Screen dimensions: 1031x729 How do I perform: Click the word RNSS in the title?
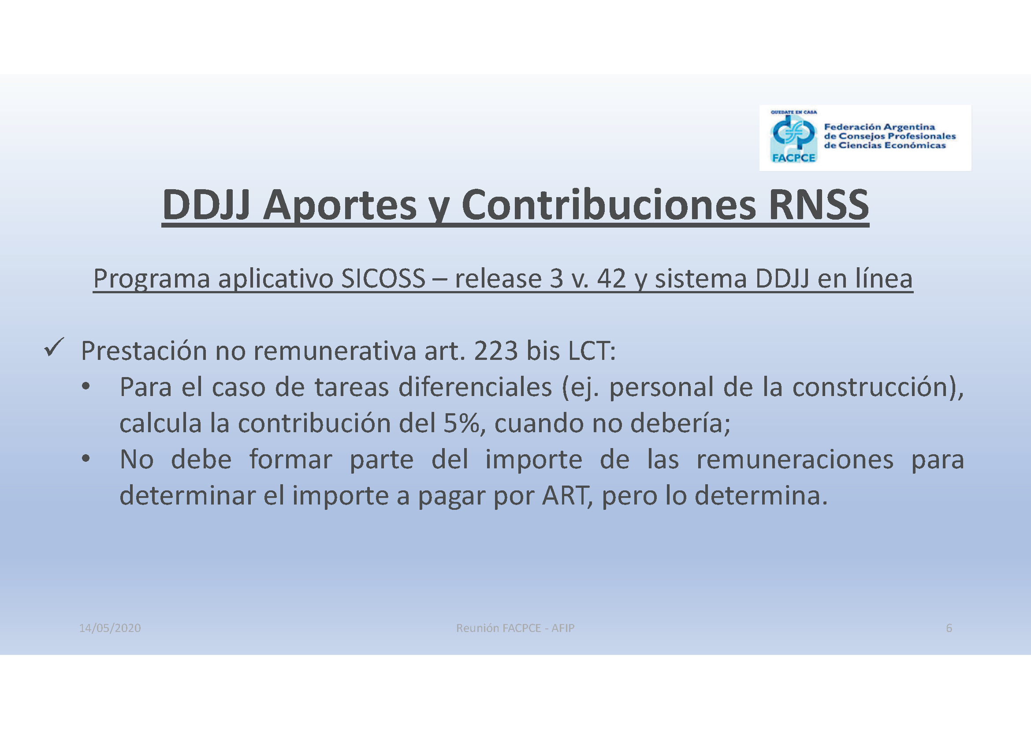click(819, 205)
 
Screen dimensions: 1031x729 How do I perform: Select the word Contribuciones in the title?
click(608, 205)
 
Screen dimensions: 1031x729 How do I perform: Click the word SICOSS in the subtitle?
click(383, 278)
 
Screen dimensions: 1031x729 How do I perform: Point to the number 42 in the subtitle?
click(611, 278)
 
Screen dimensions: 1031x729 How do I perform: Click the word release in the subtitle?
click(498, 278)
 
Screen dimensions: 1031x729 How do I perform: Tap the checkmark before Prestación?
click(54, 347)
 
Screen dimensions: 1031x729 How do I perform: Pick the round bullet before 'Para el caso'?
click(86, 386)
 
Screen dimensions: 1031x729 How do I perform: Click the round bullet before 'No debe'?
click(86, 459)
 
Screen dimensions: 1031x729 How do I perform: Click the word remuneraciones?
click(795, 460)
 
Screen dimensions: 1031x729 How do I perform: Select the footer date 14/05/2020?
click(110, 628)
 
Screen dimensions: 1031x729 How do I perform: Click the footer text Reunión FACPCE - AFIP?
click(515, 628)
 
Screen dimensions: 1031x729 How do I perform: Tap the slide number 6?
click(949, 628)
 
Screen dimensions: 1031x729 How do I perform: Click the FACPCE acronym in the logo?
click(793, 157)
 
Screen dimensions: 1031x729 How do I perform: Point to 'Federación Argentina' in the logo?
click(879, 127)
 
